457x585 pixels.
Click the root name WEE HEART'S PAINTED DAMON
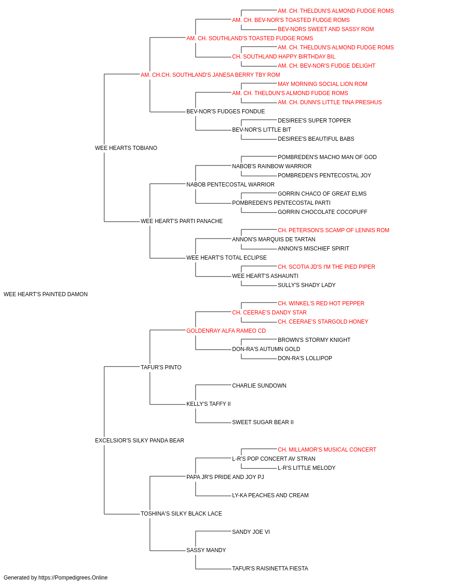pyautogui.click(x=46, y=294)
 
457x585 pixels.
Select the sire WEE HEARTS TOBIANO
pyautogui.click(x=126, y=148)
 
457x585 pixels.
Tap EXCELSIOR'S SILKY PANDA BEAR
pyautogui.click(x=139, y=441)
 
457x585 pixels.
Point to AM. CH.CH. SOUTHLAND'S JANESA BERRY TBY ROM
pyautogui.click(x=210, y=75)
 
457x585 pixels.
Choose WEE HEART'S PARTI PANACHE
pyautogui.click(x=182, y=221)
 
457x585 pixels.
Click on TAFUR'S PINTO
pyautogui.click(x=161, y=367)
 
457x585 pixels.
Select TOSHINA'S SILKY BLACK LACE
pyautogui.click(x=181, y=513)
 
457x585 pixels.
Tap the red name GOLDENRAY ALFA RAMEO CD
pyautogui.click(x=226, y=330)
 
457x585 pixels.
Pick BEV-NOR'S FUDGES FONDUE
pyautogui.click(x=226, y=112)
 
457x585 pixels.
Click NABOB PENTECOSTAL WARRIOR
pyautogui.click(x=230, y=184)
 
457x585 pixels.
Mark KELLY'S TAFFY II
pyautogui.click(x=208, y=404)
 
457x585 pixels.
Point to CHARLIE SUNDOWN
pyautogui.click(x=259, y=386)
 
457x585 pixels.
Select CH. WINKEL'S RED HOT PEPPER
pyautogui.click(x=321, y=303)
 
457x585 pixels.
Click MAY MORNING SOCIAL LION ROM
pyautogui.click(x=323, y=84)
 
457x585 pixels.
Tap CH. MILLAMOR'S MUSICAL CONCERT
pyautogui.click(x=327, y=450)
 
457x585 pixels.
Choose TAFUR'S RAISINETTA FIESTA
pyautogui.click(x=270, y=568)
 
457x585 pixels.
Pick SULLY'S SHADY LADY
pyautogui.click(x=307, y=285)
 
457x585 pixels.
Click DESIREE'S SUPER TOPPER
pyautogui.click(x=314, y=121)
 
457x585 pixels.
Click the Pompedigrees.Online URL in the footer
pyautogui.click(x=73, y=578)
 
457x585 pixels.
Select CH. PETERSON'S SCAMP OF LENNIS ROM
pyautogui.click(x=334, y=230)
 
